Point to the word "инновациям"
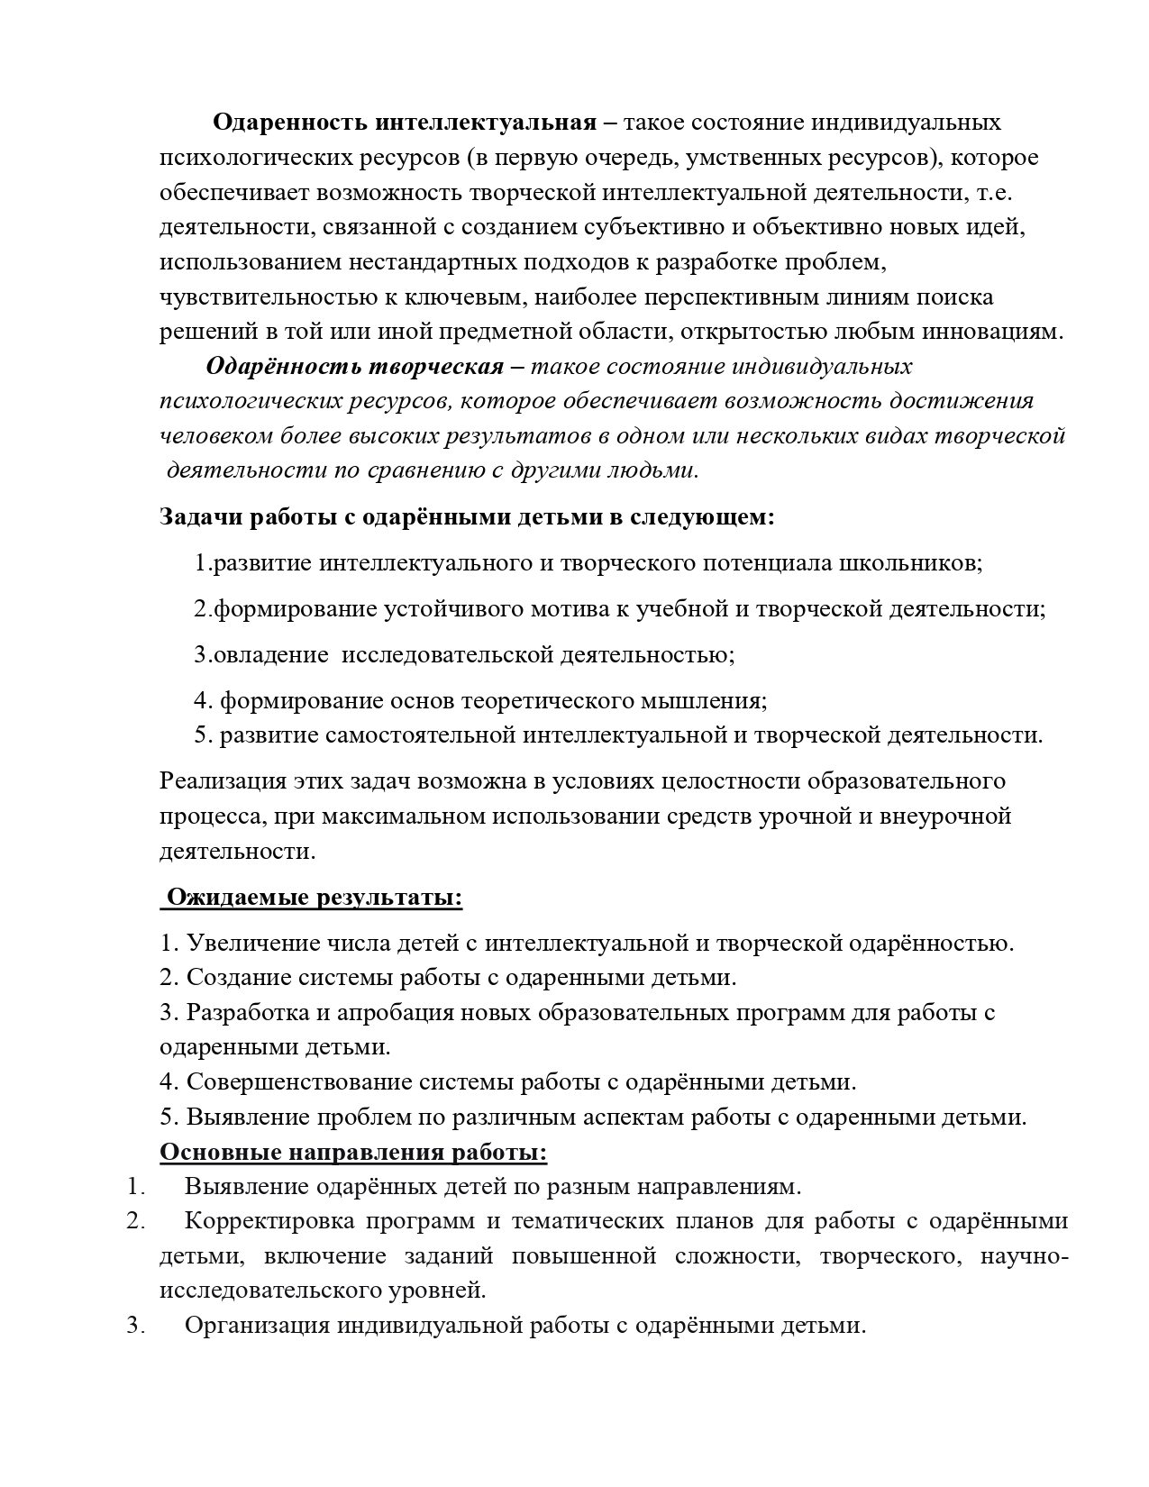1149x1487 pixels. pyautogui.click(x=990, y=331)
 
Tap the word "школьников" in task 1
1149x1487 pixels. pyautogui.click(x=910, y=563)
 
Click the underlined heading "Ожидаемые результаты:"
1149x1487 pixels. pyautogui.click(x=315, y=898)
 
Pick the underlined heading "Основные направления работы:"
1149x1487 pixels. pyautogui.click(x=353, y=1153)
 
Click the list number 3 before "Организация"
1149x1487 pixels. pyautogui.click(x=135, y=1326)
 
